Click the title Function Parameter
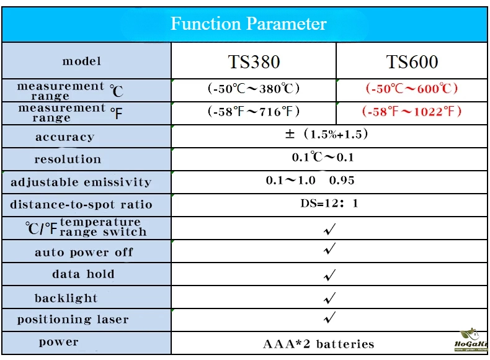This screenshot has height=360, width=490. pyautogui.click(x=249, y=24)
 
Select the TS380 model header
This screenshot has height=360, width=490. pyautogui.click(x=254, y=61)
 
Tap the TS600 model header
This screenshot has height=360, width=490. pyautogui.click(x=412, y=61)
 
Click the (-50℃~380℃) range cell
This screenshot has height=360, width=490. pyautogui.click(x=254, y=89)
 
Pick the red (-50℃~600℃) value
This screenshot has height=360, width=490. pyautogui.click(x=412, y=89)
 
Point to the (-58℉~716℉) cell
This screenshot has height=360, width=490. pyautogui.click(x=254, y=111)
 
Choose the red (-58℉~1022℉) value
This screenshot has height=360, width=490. pyautogui.click(x=412, y=111)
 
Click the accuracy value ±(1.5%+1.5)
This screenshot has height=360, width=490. pyautogui.click(x=326, y=134)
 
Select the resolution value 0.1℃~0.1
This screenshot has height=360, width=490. pyautogui.click(x=323, y=157)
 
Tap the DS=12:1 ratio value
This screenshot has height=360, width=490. pyautogui.click(x=329, y=204)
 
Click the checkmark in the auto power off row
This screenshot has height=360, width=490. pyautogui.click(x=329, y=249)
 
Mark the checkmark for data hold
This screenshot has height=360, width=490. pyautogui.click(x=329, y=275)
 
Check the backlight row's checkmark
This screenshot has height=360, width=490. pyautogui.click(x=329, y=298)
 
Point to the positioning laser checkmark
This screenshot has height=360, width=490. pyautogui.click(x=329, y=317)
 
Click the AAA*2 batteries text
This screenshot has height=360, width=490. pyautogui.click(x=318, y=344)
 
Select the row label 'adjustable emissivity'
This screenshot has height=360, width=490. pyautogui.click(x=81, y=182)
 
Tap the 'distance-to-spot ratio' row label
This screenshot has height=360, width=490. pyautogui.click(x=81, y=204)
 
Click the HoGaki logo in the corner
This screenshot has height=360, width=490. pyautogui.click(x=471, y=340)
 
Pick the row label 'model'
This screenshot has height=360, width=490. pyautogui.click(x=81, y=61)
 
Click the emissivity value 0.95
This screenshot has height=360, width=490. pyautogui.click(x=342, y=180)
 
